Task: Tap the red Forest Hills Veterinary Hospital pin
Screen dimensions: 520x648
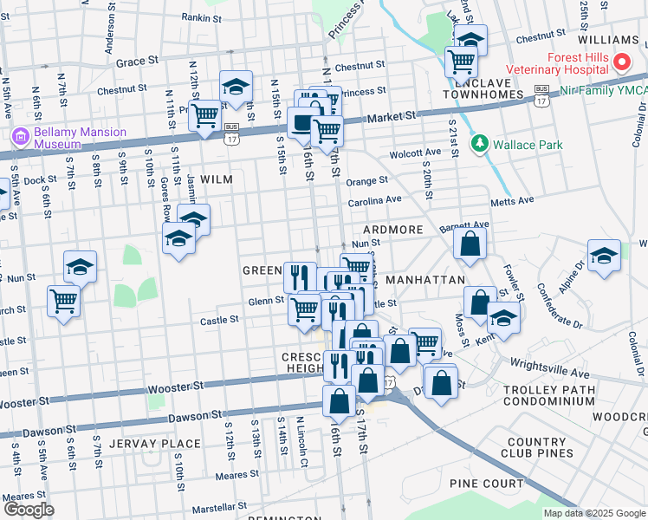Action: pyautogui.click(x=620, y=62)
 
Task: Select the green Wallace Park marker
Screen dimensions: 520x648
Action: pyautogui.click(x=478, y=145)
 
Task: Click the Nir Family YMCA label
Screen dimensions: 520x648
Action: pyautogui.click(x=598, y=89)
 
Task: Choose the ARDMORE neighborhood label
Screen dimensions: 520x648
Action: pyautogui.click(x=392, y=230)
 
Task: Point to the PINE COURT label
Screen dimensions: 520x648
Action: pyautogui.click(x=486, y=483)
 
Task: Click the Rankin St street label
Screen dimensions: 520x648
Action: pyautogui.click(x=201, y=16)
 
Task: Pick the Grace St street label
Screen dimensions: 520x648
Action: pyautogui.click(x=137, y=62)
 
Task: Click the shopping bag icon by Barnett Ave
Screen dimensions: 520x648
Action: pyautogui.click(x=470, y=244)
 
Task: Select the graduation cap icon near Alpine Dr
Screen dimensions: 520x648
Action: pyautogui.click(x=604, y=255)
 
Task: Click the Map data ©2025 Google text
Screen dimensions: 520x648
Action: pyautogui.click(x=593, y=513)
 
